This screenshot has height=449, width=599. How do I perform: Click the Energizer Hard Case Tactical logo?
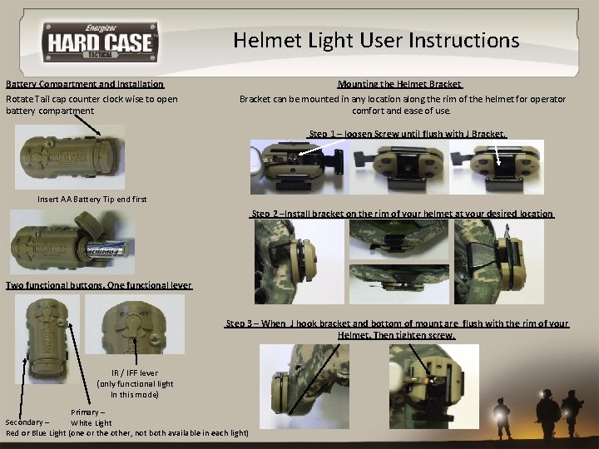(x=100, y=42)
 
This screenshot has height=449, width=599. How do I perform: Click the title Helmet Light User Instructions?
(x=376, y=40)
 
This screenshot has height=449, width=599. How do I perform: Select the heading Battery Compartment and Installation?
(x=85, y=84)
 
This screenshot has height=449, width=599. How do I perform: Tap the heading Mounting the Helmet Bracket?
(x=400, y=84)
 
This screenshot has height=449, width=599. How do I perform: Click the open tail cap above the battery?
(x=89, y=224)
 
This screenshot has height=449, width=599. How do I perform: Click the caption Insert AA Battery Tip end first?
(x=92, y=199)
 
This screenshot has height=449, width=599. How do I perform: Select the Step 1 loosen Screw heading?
(x=408, y=134)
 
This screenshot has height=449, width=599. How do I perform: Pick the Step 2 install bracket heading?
(x=402, y=214)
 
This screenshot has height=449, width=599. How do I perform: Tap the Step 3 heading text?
(x=397, y=329)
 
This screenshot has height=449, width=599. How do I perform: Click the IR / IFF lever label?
(x=135, y=373)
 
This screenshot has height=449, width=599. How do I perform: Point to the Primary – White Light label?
(x=91, y=417)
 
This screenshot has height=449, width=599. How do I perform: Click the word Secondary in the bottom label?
(x=27, y=422)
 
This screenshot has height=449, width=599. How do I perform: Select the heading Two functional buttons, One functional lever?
(x=98, y=285)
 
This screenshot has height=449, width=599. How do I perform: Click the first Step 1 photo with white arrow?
(x=299, y=167)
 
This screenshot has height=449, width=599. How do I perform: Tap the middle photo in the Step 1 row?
(x=399, y=167)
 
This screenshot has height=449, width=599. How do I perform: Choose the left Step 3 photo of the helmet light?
(x=304, y=387)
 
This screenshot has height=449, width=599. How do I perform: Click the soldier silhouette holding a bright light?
(x=501, y=417)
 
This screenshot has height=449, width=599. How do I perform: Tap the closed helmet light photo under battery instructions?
(x=70, y=157)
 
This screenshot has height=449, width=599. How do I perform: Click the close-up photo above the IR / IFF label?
(x=135, y=324)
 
